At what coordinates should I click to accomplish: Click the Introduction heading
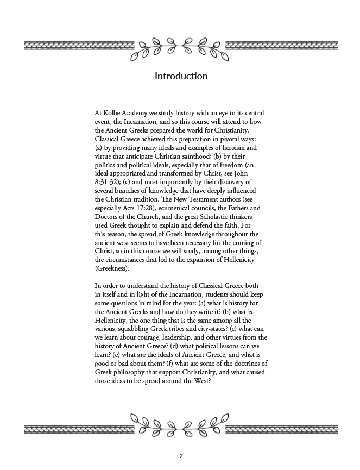pos(181,76)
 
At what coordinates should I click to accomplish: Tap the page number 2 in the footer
pos(181,456)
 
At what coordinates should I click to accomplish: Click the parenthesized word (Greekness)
pos(112,268)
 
